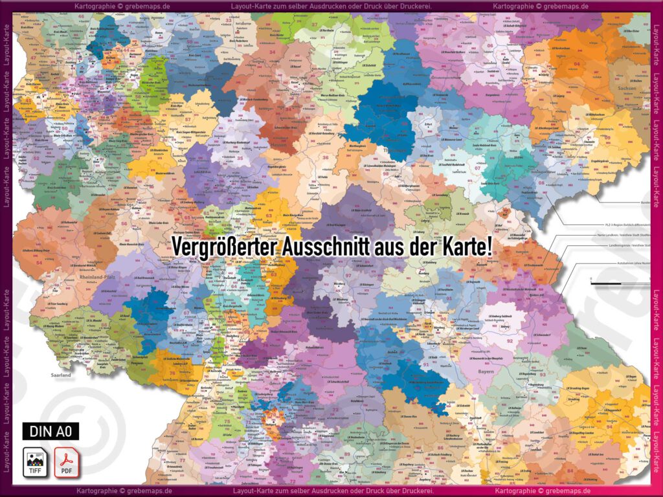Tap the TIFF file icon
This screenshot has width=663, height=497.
click(35, 461)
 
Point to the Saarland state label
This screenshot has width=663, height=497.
click(62, 374)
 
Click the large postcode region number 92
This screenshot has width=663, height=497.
click(510, 340)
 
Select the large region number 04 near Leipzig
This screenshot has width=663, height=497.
click(577, 64)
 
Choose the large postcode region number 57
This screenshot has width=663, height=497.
click(188, 120)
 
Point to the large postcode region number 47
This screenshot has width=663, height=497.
click(33, 58)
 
